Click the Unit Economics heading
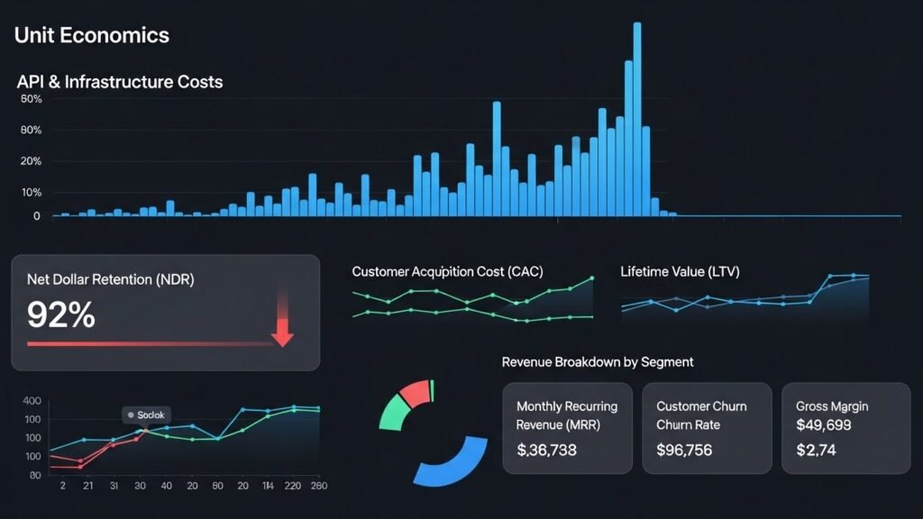tap(92, 35)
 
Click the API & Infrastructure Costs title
tap(119, 82)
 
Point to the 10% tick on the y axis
tap(31, 192)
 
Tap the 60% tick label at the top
tap(31, 99)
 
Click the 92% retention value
tap(60, 314)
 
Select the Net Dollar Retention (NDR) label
tap(110, 279)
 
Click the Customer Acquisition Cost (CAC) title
tap(447, 271)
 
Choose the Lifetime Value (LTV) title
tap(680, 271)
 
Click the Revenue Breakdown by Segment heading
tap(597, 361)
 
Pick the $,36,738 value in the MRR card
tap(546, 450)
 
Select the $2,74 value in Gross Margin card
tap(817, 450)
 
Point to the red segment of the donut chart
tap(414, 392)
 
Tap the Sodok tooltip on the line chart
tap(146, 415)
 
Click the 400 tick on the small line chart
tap(32, 401)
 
